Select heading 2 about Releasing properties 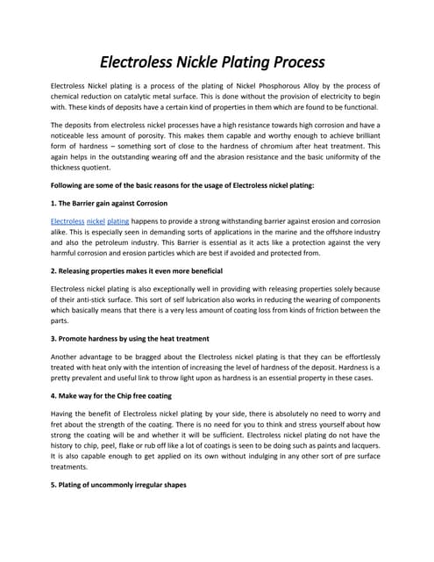137,270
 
